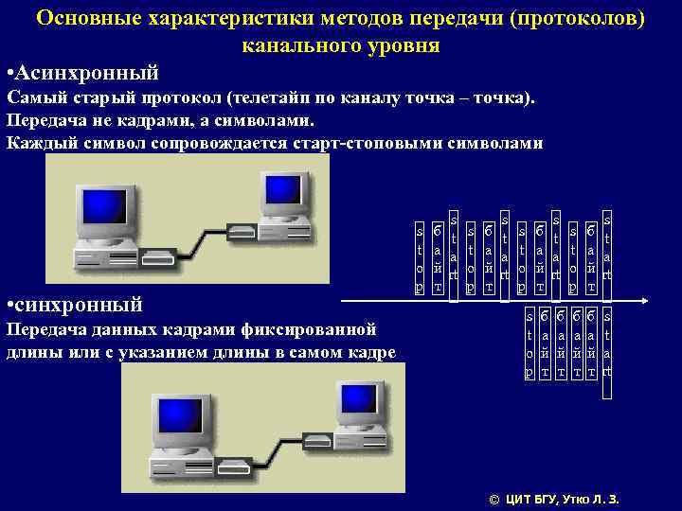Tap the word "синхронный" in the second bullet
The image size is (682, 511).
pos(81,305)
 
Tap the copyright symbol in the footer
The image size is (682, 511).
pos(492,499)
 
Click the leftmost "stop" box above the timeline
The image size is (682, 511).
pos(420,257)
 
